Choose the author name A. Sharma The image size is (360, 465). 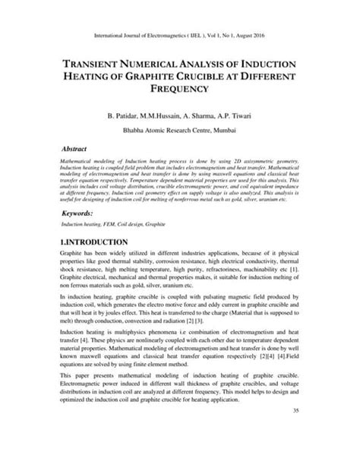pyautogui.click(x=204, y=117)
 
